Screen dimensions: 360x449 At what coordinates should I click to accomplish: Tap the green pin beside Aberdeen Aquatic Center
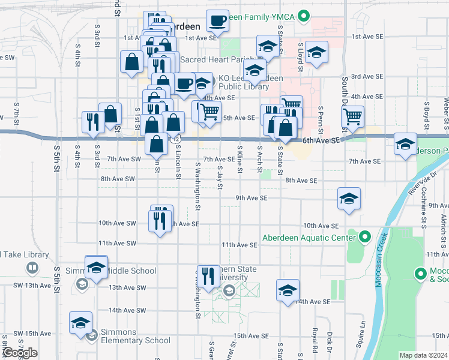click(364, 237)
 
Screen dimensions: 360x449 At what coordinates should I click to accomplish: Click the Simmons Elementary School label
click(135, 340)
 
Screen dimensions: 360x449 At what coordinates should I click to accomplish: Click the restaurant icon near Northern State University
click(208, 277)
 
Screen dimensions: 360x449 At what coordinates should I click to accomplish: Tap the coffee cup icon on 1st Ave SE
click(217, 21)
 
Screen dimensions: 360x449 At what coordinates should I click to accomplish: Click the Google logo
click(19, 353)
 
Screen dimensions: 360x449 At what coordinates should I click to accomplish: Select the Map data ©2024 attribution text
click(423, 355)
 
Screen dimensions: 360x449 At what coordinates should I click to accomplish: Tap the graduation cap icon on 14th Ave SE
click(288, 290)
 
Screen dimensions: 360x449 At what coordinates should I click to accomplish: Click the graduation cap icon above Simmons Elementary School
click(80, 323)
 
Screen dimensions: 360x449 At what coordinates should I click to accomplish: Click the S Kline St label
click(240, 160)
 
